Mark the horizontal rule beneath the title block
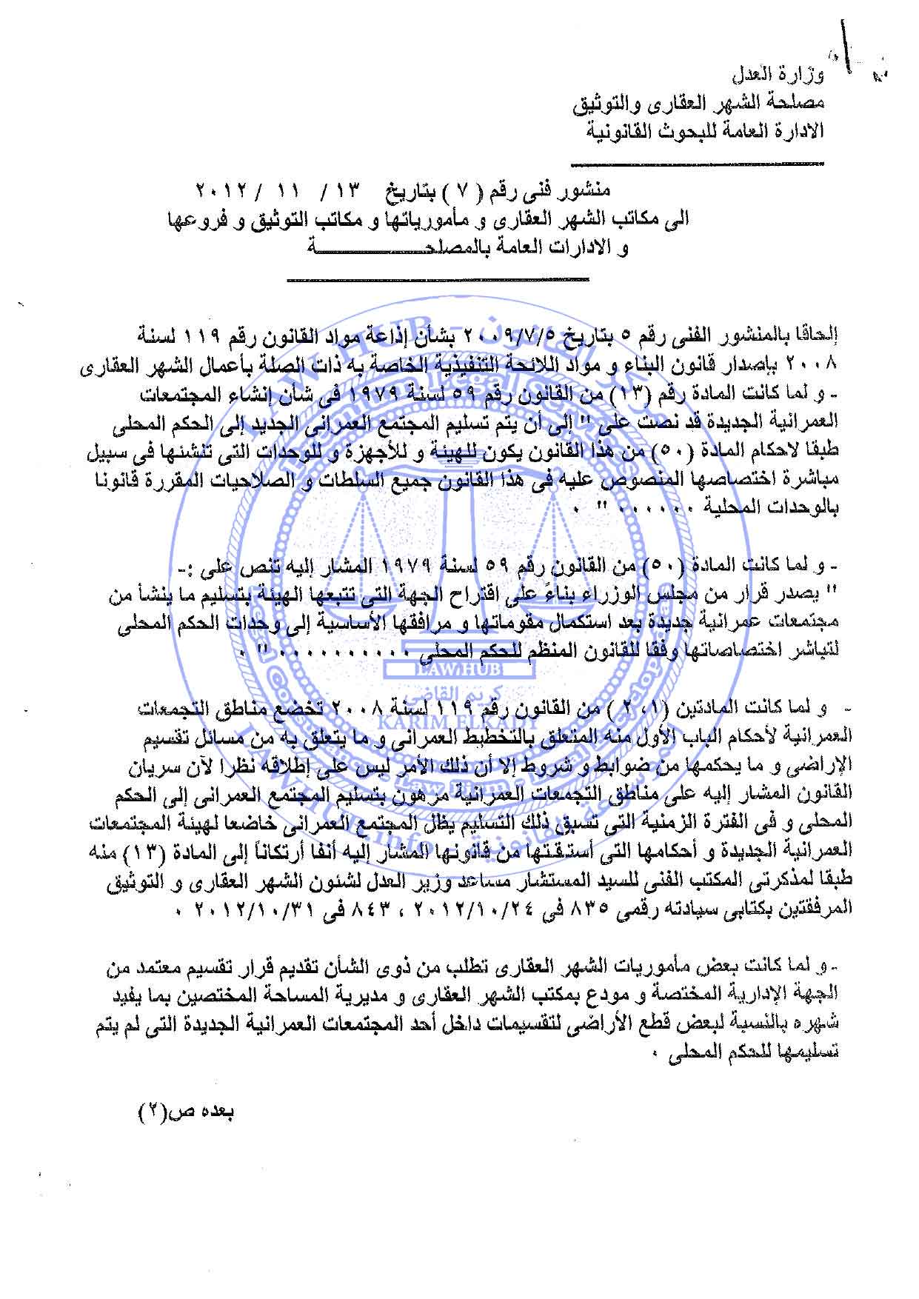coord(437,279)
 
